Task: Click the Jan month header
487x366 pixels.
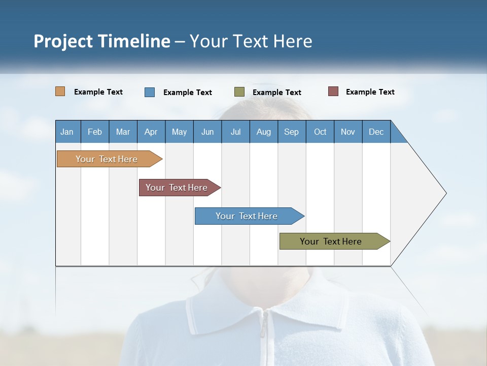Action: coord(67,132)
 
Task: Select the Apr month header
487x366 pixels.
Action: coord(151,132)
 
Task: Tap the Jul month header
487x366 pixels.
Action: coord(235,132)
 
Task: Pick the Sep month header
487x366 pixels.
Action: coord(292,132)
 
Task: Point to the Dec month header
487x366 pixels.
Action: coord(376,132)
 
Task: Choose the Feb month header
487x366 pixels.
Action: coord(95,132)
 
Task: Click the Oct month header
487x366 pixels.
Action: coord(320,132)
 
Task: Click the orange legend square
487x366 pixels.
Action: coord(60,91)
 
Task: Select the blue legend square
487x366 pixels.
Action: coord(150,92)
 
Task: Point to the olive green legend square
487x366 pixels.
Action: coord(239,92)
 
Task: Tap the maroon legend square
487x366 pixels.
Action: coord(333,91)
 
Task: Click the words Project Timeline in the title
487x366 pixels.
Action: coord(102,41)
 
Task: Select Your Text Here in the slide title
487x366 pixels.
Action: coord(251,41)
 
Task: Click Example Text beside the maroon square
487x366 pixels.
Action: coord(370,92)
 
